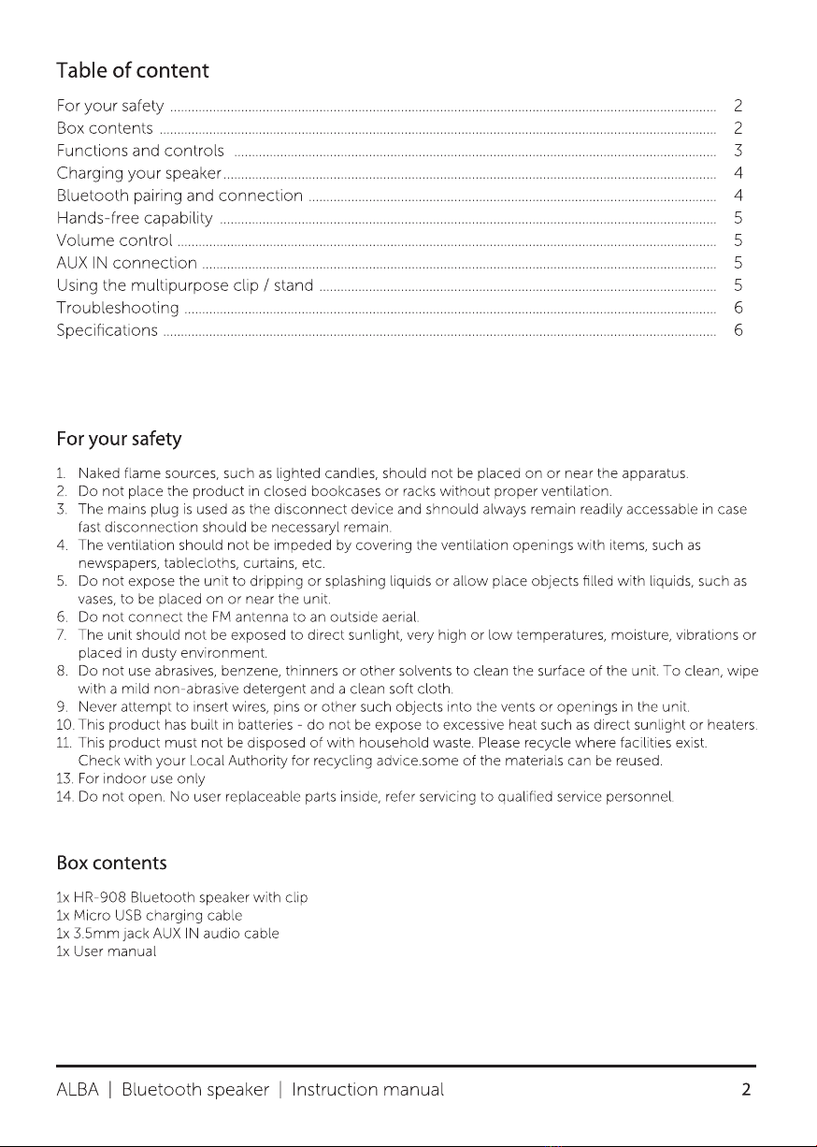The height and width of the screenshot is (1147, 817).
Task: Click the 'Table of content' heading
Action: [x=132, y=71]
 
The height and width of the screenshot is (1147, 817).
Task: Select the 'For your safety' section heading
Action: [x=119, y=439]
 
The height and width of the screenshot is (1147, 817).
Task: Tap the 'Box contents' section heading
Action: [x=111, y=861]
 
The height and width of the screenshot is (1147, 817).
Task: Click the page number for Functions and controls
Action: [x=738, y=151]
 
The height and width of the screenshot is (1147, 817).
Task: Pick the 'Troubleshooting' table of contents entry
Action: [x=118, y=308]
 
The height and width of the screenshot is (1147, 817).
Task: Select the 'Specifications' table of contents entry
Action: [x=107, y=330]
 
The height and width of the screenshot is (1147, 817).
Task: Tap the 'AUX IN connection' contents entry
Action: [x=126, y=263]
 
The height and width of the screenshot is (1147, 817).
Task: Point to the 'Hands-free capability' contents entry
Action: [x=135, y=218]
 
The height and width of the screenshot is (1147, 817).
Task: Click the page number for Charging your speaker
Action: [x=738, y=173]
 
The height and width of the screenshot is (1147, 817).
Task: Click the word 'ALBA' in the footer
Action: [x=81, y=1090]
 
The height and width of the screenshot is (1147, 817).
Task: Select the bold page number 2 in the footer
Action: [x=747, y=1090]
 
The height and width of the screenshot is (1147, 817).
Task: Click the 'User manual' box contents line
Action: [x=105, y=951]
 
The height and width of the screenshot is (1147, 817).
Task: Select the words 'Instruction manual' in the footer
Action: [x=367, y=1090]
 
